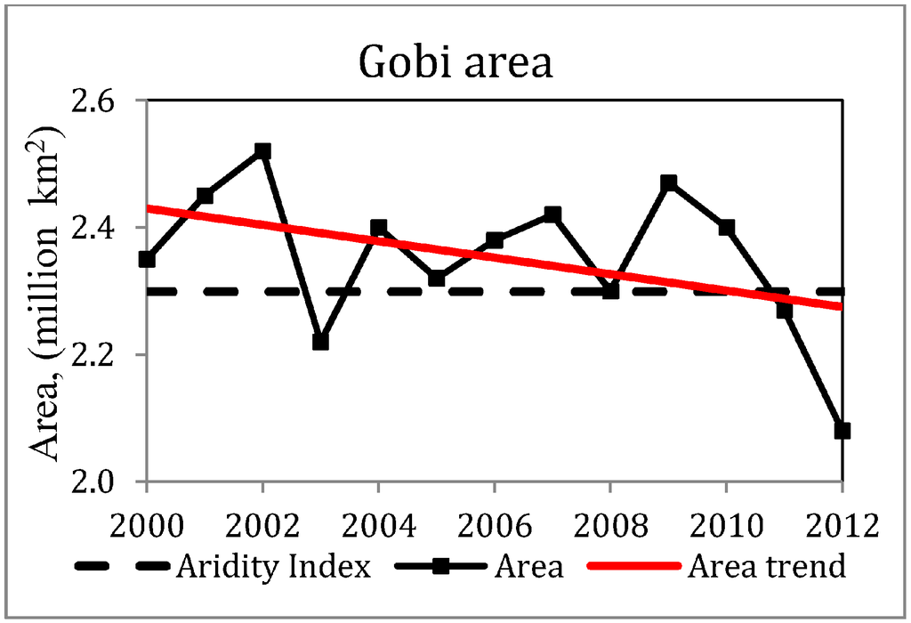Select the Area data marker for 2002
(262, 151)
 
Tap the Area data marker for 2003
(320, 342)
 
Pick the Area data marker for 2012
(842, 431)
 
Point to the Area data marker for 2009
(668, 183)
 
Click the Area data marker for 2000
(147, 260)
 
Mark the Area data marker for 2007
(552, 214)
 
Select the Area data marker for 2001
(205, 196)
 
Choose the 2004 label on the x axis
(378, 522)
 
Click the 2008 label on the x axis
(610, 522)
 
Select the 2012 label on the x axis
(842, 522)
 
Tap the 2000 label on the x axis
(147, 522)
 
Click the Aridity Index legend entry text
(272, 567)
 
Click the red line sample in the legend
(634, 567)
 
